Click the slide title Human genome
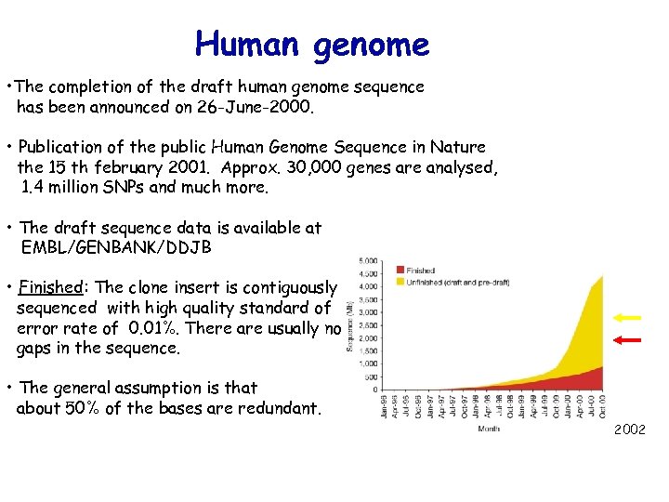[312, 44]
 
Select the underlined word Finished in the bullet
[52, 287]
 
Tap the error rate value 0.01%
[155, 328]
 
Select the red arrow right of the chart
[629, 340]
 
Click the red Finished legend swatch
[402, 271]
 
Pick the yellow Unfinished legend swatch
[402, 282]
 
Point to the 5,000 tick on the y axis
[368, 260]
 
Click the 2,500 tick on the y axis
[368, 325]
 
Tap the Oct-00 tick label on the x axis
[602, 406]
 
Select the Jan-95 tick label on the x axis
[383, 406]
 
